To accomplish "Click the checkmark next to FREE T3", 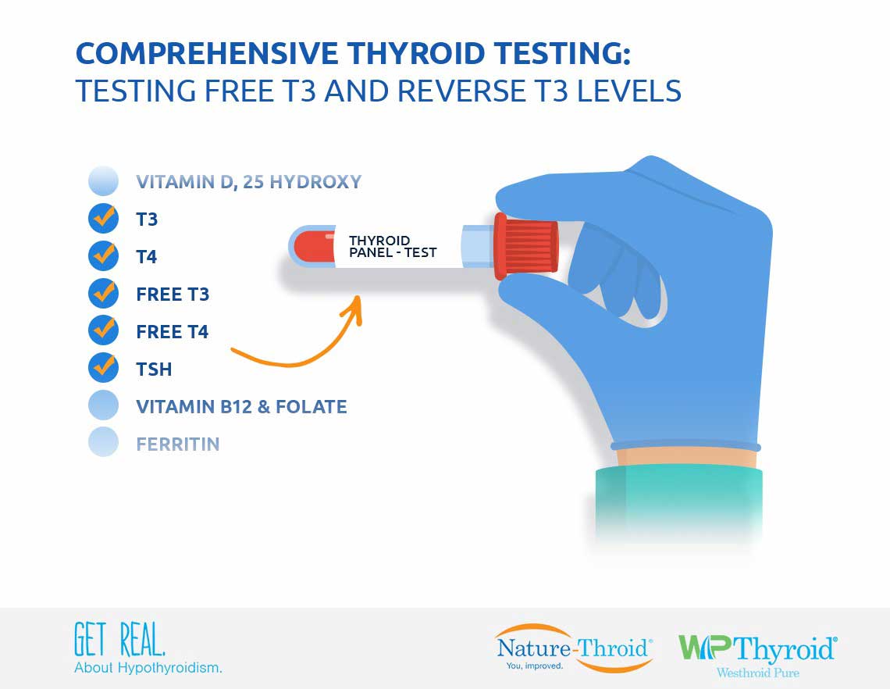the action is tap(103, 293).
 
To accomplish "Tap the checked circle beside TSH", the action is tap(103, 368).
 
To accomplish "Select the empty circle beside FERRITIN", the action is tap(103, 442).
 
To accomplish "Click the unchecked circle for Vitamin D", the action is tap(103, 181).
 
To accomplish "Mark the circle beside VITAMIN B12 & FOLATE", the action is tap(103, 405).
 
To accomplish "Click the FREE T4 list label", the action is tap(173, 332).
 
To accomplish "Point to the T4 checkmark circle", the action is tap(103, 255).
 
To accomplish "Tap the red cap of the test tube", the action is tap(525, 247).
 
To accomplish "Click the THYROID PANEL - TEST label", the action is tap(393, 247).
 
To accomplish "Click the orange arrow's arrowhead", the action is tap(353, 309).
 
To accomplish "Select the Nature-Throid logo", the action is tap(574, 648).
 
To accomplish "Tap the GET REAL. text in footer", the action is tap(119, 639).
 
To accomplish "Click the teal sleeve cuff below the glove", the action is tap(679, 500).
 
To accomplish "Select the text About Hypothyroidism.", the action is tap(148, 668).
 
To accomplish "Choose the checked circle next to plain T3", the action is tap(103, 218).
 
